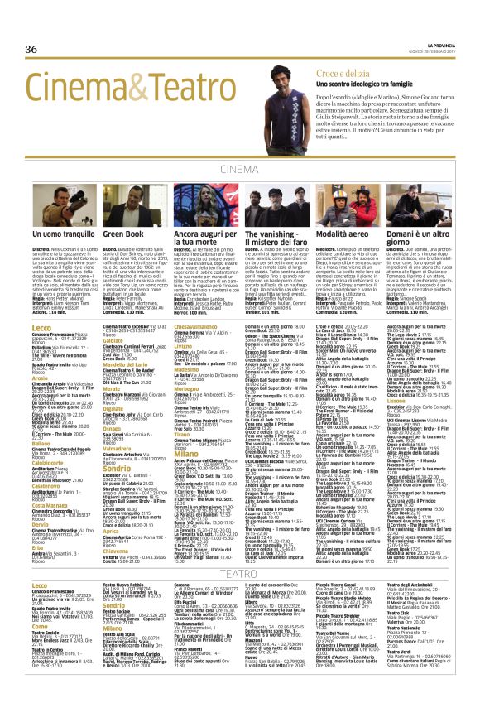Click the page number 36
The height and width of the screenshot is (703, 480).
(32, 49)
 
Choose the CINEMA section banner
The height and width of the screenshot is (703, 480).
(239, 170)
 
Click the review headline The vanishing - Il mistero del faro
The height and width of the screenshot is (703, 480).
(274, 241)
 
